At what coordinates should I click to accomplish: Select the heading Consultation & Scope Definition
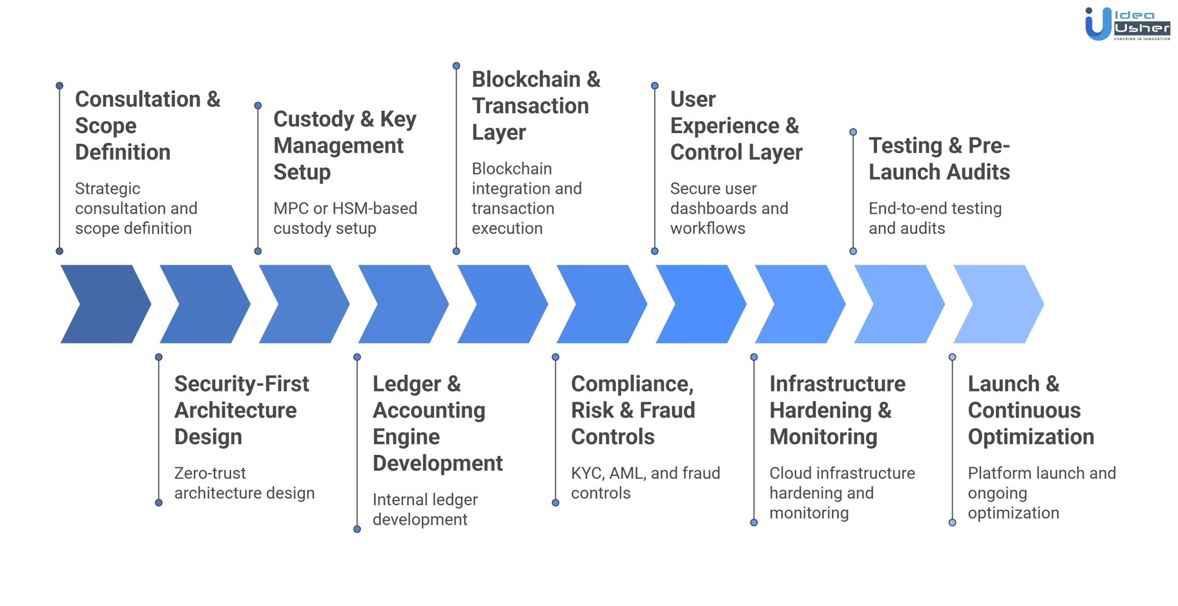click(147, 125)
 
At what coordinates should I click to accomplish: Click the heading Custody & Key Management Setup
click(344, 146)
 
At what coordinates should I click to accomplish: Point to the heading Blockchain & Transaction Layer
click(536, 105)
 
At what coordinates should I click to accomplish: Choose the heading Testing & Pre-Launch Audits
click(939, 158)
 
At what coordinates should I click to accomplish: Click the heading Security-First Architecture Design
click(241, 410)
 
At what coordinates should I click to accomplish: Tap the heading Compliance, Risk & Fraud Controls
click(633, 410)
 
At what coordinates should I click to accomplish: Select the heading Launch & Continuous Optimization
click(1031, 410)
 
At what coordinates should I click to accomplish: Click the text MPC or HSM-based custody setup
click(345, 218)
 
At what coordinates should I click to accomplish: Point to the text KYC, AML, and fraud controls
click(645, 483)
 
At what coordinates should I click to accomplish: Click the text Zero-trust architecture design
click(244, 483)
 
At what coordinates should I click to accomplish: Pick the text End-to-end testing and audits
click(934, 218)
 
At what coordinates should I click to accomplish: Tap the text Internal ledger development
click(425, 509)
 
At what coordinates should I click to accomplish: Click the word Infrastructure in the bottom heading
click(837, 384)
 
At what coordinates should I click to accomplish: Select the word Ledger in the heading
click(407, 384)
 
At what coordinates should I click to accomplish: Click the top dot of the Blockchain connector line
click(456, 66)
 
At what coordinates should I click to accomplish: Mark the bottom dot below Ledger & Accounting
click(357, 530)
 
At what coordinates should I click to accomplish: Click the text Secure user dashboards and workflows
click(728, 208)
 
